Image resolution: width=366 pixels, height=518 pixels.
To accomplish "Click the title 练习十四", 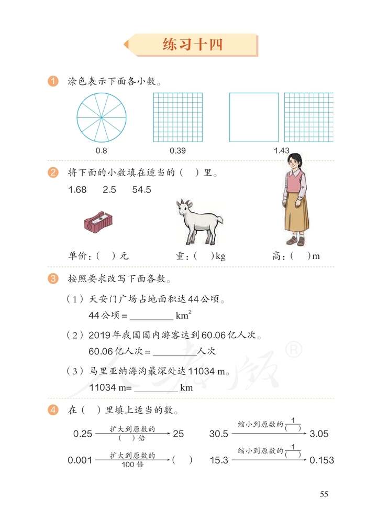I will point(193,45).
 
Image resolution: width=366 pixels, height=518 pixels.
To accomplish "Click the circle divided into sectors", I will point(102,117).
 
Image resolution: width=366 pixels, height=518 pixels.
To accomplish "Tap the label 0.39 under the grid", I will point(178,151).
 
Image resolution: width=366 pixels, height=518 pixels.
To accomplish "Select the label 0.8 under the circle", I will point(102,151).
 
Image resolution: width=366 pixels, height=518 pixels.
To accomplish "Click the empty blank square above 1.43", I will point(254,117).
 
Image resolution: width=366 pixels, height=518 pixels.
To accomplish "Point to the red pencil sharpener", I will point(98,223).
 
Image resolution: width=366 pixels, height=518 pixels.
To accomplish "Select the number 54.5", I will point(141,190).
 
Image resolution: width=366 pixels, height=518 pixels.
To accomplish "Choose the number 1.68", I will point(77,190).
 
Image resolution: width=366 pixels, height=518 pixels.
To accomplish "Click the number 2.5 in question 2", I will point(109,190).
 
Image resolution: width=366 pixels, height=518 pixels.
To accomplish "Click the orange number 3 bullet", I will point(52,278).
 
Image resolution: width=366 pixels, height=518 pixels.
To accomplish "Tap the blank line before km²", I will point(151,316).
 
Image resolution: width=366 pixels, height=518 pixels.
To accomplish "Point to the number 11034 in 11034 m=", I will point(101,388).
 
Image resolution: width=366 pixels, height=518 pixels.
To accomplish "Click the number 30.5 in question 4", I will point(219,434).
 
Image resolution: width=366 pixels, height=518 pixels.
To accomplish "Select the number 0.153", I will point(321,460).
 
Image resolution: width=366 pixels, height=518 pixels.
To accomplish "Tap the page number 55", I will point(324,494).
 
